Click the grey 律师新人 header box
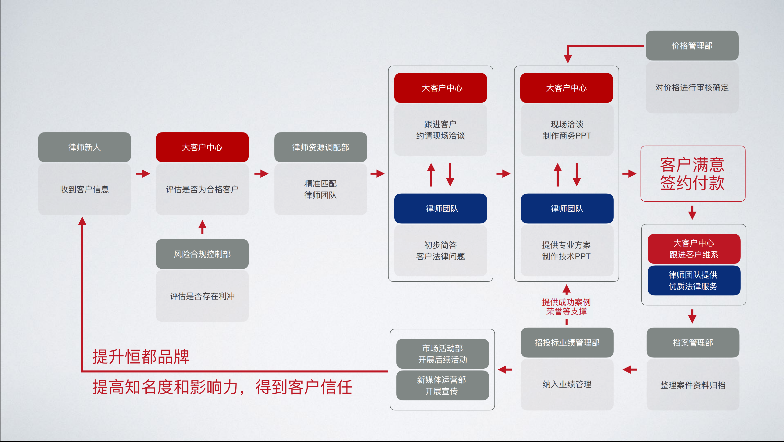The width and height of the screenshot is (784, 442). click(x=84, y=147)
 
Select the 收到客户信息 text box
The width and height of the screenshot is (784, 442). click(x=84, y=189)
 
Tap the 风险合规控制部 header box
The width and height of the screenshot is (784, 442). click(x=202, y=254)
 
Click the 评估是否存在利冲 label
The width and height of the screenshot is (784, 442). click(x=202, y=296)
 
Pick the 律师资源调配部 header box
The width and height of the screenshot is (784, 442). click(x=321, y=147)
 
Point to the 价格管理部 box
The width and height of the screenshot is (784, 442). click(x=692, y=46)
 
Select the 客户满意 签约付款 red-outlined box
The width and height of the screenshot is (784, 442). click(x=693, y=174)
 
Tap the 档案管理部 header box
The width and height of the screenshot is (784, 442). click(x=693, y=342)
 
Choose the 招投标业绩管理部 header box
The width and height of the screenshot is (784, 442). click(x=567, y=342)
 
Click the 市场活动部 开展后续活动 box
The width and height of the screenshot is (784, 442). click(x=442, y=354)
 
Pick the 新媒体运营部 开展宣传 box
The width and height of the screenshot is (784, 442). click(x=442, y=385)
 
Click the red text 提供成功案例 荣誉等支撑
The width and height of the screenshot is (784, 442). click(x=566, y=307)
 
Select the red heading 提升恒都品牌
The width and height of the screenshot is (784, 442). click(x=141, y=356)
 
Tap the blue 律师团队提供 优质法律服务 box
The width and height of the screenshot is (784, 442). click(x=694, y=280)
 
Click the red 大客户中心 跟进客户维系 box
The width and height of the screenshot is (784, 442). click(x=694, y=249)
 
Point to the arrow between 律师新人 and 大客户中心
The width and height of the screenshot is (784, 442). click(x=143, y=174)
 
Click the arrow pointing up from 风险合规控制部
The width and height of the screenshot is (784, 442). click(x=202, y=227)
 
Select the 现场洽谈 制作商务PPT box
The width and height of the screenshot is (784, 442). click(x=567, y=130)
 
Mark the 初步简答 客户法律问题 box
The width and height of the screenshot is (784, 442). click(x=440, y=250)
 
